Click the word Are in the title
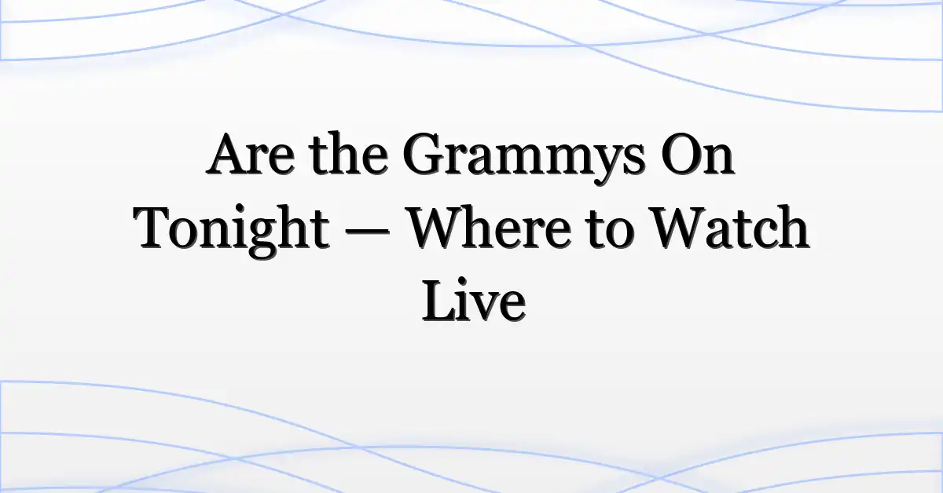[250, 154]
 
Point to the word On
[698, 154]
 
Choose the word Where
[490, 227]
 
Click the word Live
[474, 301]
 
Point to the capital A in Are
[229, 154]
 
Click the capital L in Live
[439, 301]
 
